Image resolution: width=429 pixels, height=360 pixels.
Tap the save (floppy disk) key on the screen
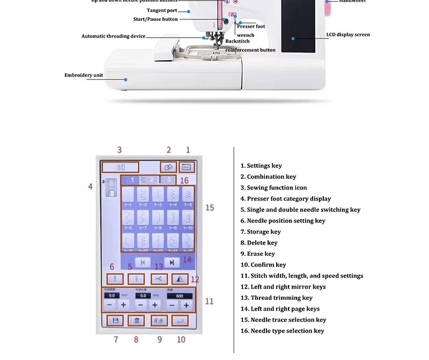pos(115,320)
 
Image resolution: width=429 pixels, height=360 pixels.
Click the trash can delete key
pos(137,320)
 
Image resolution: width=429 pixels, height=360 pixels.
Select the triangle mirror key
pos(179,279)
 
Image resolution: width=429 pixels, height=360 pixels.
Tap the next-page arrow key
pos(172,262)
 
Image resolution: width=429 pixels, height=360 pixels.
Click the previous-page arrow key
pos(143,262)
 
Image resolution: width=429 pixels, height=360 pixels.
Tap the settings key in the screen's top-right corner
pos(187,167)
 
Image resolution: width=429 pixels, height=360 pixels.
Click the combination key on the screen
pos(168,167)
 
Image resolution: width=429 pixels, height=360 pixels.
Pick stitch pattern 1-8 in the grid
pos(159,218)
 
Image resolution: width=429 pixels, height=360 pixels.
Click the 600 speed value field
pos(179,296)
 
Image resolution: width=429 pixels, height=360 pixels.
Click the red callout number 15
pos(210,208)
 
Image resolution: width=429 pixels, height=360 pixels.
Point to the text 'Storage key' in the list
pos(263,232)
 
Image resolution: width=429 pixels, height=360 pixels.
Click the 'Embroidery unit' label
pos(84,75)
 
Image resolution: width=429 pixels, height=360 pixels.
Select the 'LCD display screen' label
pos(348,35)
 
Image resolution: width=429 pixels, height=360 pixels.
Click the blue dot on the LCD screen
pos(293,38)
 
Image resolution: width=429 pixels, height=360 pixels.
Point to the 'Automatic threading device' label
pos(113,36)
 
